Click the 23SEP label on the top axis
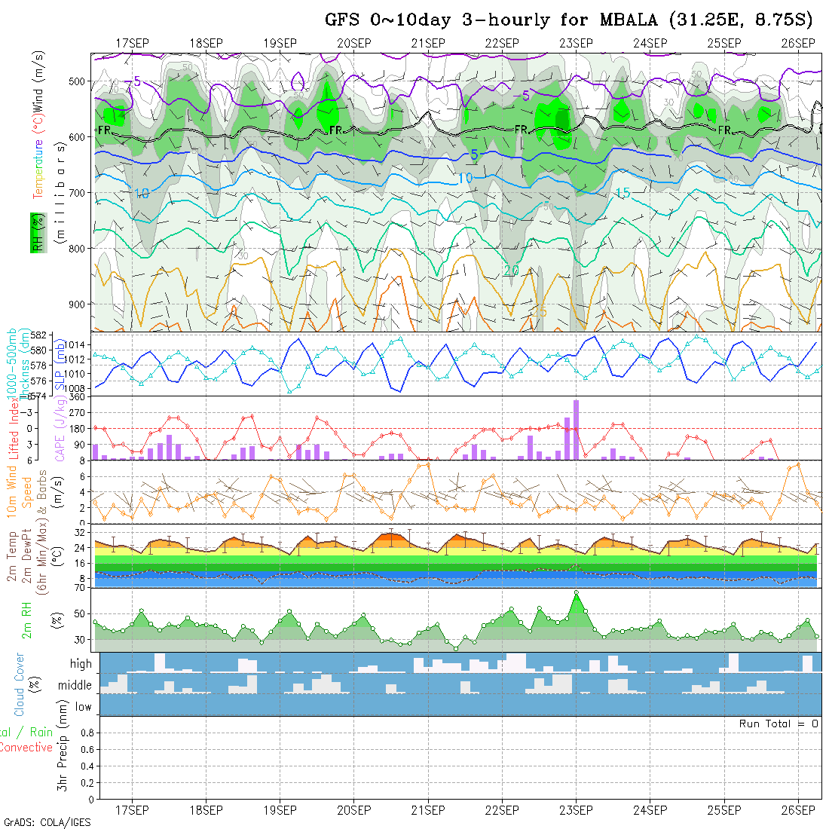tap(576, 43)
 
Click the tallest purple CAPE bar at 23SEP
tap(576, 430)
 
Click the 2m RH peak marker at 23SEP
tap(576, 593)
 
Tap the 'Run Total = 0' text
tap(779, 723)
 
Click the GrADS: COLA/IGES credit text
tap(47, 822)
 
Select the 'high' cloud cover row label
tap(81, 664)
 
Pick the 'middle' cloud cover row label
tap(76, 686)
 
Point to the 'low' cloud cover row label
tap(83, 707)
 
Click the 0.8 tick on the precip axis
tap(86, 733)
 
